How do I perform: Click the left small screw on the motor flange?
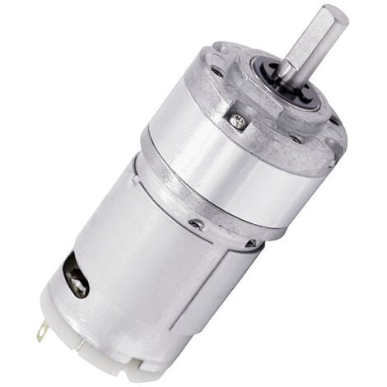pyautogui.click(x=195, y=224)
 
